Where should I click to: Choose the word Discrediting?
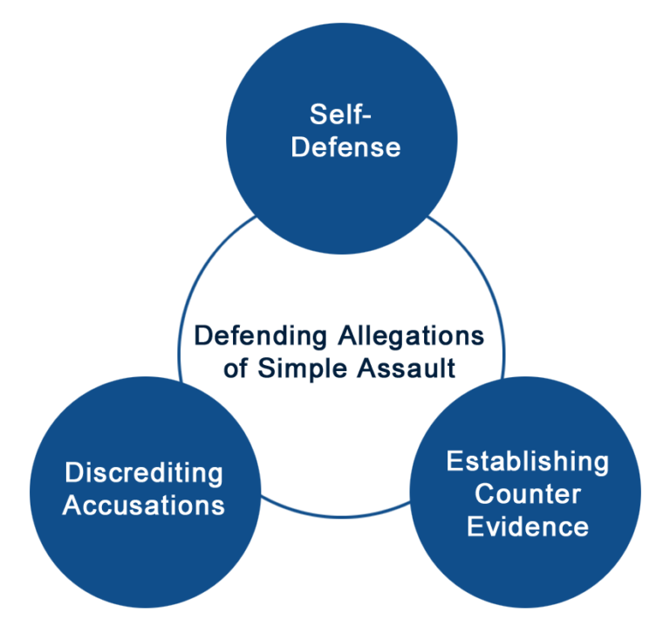(x=144, y=473)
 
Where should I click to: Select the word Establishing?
(x=527, y=462)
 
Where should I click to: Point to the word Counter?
(x=527, y=494)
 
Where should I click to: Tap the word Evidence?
(x=527, y=527)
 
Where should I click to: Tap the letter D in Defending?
(x=200, y=336)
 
